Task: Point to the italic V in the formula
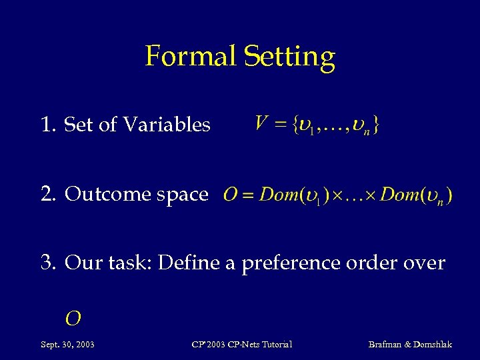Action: [x=261, y=123]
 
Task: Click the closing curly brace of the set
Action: [x=377, y=125]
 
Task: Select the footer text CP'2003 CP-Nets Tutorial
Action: [x=241, y=344]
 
